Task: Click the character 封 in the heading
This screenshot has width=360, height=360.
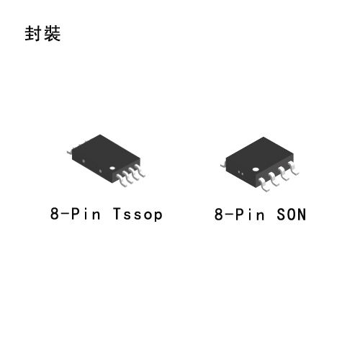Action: pos(33,33)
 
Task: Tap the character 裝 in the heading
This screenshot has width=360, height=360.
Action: pos(52,33)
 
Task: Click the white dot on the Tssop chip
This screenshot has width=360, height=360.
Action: pos(112,168)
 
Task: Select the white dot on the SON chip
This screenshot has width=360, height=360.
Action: pos(256,169)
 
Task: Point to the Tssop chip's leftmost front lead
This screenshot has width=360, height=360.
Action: pos(122,181)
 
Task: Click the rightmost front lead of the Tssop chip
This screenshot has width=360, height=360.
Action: pos(140,171)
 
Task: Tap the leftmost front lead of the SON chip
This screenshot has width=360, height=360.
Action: pos(264,185)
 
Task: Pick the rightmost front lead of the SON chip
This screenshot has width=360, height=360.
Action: pos(293,168)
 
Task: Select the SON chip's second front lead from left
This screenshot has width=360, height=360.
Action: pos(274,179)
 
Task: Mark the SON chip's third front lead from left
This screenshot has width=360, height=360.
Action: pos(284,174)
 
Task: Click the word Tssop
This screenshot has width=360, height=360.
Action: pos(138,214)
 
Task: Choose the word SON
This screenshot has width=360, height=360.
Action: pos(291,214)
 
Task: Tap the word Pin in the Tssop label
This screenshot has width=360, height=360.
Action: pos(86,214)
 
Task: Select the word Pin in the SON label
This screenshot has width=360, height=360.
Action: pos(250,214)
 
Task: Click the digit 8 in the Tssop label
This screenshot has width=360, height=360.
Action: pos(54,214)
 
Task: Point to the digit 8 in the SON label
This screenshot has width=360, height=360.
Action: pos(219,214)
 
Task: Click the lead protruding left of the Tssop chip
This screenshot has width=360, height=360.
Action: pos(70,152)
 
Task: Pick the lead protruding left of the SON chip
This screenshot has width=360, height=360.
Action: pos(223,165)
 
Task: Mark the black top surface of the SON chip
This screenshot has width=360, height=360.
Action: pos(260,153)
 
